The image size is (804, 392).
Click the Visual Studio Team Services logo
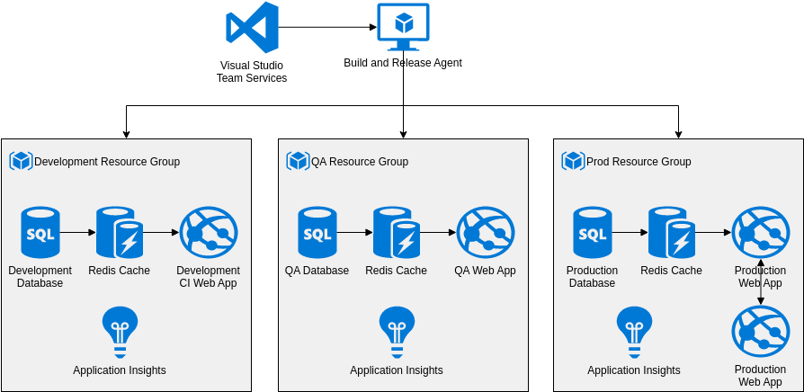(x=252, y=28)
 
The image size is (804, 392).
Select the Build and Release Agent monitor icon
(x=403, y=27)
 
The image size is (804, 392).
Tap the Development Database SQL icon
(x=40, y=233)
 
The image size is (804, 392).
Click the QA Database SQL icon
(x=317, y=233)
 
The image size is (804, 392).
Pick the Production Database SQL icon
(x=593, y=233)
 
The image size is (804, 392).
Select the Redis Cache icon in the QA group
(x=397, y=233)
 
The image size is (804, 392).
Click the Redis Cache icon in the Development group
(x=120, y=233)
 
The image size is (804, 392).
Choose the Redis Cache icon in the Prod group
(x=672, y=233)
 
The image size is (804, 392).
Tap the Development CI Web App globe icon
(x=209, y=233)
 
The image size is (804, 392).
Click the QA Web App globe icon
(x=486, y=233)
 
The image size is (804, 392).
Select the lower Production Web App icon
(x=761, y=332)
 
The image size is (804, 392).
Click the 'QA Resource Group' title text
(x=360, y=162)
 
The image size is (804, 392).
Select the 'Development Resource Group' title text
(x=107, y=162)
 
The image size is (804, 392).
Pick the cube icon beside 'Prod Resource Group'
(x=573, y=161)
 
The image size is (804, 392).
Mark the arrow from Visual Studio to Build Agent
(x=327, y=27)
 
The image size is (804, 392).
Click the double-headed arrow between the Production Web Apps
(x=761, y=282)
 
